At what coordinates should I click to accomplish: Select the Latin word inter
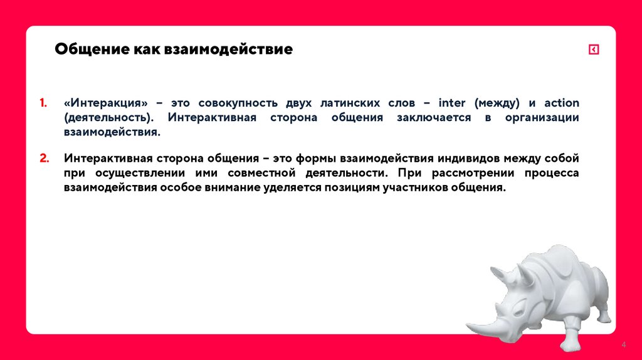(451, 103)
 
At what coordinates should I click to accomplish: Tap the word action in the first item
(561, 103)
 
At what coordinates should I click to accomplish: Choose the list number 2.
(44, 158)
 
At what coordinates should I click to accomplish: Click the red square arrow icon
(594, 50)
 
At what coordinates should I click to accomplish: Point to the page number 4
(624, 346)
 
